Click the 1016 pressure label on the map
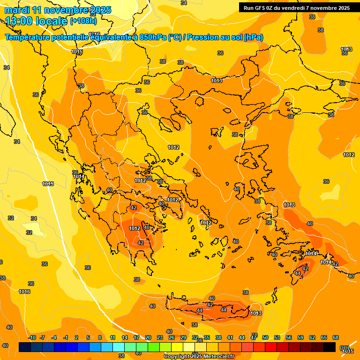tap(24, 292)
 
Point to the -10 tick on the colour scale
tap(32, 338)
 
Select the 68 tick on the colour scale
tap(336, 338)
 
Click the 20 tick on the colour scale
tap(148, 338)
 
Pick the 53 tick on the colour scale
tap(277, 338)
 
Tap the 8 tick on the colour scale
tap(100, 338)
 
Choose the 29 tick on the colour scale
tap(183, 338)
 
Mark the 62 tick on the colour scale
tap(312, 338)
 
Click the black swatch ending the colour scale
tap(330, 347)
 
